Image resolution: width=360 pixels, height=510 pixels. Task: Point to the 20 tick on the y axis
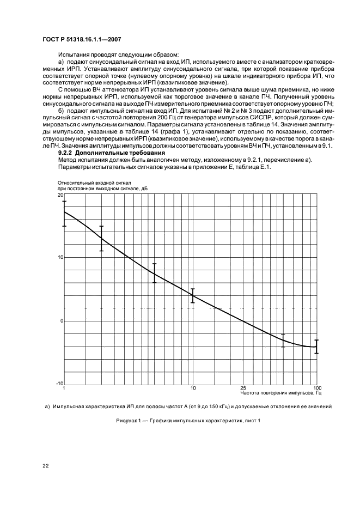pos(60,195)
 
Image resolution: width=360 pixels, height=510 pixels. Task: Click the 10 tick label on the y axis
pos(60,258)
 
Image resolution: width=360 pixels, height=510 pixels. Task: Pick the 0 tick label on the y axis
pos(62,321)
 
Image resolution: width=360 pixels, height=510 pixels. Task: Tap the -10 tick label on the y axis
pos(59,384)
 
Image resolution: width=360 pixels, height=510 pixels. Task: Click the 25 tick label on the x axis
pos(242,387)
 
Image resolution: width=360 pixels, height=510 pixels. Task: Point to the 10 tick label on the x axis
pos(192,387)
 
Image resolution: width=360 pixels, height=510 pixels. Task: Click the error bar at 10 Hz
pos(192,296)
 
